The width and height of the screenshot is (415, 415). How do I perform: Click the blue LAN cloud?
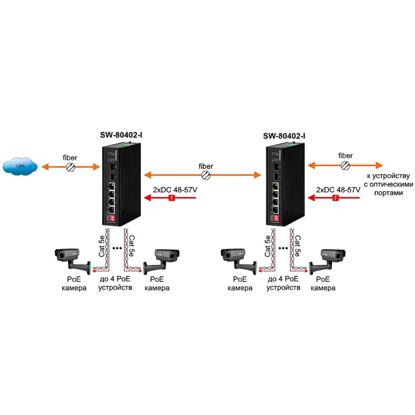pos(20,166)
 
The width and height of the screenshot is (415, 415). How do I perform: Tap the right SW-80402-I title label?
pos(284,135)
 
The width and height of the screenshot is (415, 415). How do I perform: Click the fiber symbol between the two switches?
pos(205,176)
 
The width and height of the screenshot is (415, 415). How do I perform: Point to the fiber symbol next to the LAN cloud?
pos(71,167)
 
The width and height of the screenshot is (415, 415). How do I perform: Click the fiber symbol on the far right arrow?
pos(345,165)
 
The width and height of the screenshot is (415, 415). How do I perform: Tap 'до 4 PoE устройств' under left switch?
pos(115,283)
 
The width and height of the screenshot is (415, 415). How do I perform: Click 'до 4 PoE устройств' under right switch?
pos(283,283)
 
